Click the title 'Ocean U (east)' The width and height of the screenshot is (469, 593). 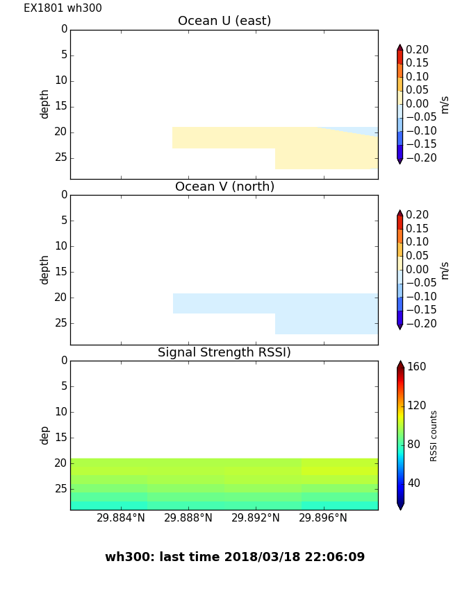(x=224, y=21)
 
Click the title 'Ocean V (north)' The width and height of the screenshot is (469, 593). (x=224, y=187)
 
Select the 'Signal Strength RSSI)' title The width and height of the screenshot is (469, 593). (x=224, y=352)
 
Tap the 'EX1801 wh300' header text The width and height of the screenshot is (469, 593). (x=63, y=8)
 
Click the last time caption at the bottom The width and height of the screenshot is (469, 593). (x=235, y=557)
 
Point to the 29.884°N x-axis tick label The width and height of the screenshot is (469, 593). (x=121, y=518)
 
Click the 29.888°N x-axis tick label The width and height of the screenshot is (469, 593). (x=188, y=518)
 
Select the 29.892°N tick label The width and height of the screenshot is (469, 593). (x=255, y=518)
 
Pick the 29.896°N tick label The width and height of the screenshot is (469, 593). (x=323, y=518)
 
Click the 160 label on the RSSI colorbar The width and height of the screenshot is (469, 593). (x=417, y=367)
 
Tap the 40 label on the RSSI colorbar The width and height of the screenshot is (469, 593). (x=414, y=483)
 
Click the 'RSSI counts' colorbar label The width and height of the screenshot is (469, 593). (x=434, y=436)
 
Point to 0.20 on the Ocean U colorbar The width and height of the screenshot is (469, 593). (x=418, y=50)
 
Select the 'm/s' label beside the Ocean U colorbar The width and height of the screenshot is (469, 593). (x=445, y=105)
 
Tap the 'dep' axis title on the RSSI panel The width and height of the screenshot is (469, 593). (x=44, y=435)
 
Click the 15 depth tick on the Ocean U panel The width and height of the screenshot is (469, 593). (x=61, y=106)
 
